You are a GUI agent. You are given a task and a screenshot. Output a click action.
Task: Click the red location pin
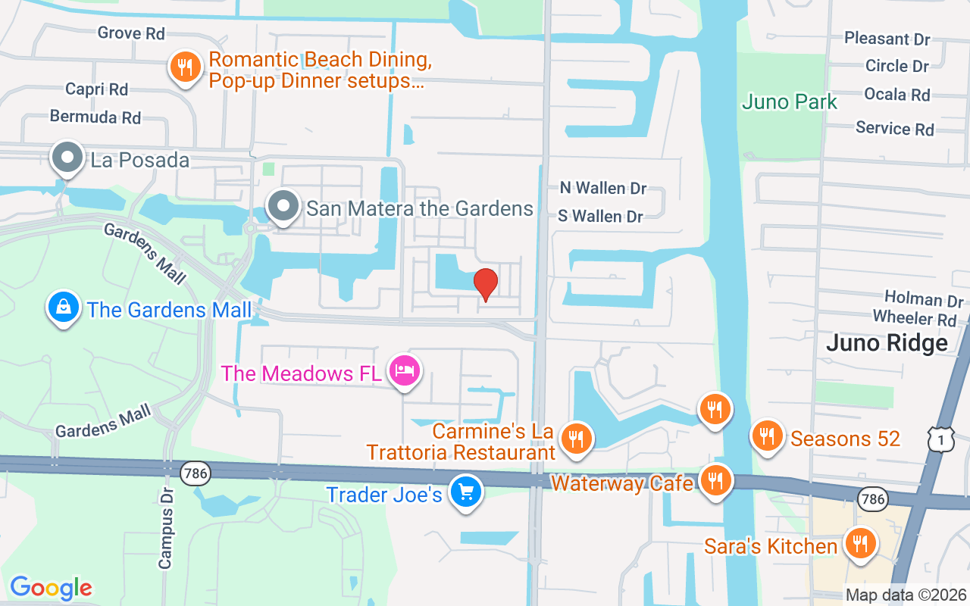click(486, 283)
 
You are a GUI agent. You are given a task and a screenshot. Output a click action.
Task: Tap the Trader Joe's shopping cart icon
click(465, 492)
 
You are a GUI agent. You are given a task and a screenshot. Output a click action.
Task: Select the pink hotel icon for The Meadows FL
click(405, 371)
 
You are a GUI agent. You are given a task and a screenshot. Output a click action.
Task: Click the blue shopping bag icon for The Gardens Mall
click(64, 307)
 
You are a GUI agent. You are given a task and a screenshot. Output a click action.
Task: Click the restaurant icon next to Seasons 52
click(767, 436)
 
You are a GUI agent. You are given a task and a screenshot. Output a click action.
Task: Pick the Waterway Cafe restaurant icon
click(714, 479)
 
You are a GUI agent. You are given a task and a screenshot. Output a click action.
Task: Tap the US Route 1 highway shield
click(937, 437)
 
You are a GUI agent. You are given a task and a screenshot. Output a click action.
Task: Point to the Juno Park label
click(790, 102)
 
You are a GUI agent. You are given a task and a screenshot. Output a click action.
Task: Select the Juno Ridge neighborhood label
click(887, 343)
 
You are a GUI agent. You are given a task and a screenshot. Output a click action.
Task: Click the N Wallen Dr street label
click(603, 188)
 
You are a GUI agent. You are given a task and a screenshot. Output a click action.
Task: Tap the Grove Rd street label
click(131, 33)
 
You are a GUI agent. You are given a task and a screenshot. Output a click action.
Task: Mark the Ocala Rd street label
click(897, 95)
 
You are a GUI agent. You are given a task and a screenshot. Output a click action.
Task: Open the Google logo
click(52, 587)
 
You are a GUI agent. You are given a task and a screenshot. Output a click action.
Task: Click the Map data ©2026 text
click(906, 595)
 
